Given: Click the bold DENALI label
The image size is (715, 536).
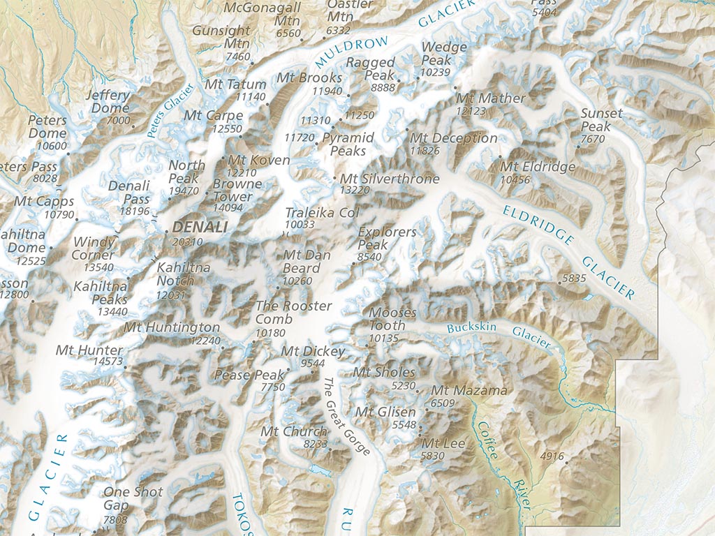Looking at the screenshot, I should pos(200,227).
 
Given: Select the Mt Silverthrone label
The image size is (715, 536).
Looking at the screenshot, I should pos(390,179).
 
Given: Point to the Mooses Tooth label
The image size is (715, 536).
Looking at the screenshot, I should pos(392,319).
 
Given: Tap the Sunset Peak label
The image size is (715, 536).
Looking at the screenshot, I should pos(601,120).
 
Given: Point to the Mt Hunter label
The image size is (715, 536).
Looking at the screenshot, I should pos(89,350).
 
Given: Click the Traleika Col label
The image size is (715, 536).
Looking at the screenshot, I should pos(321,212).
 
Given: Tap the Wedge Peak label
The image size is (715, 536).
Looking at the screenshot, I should pos(444,54).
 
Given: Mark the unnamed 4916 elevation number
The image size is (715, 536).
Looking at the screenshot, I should pos(552,456).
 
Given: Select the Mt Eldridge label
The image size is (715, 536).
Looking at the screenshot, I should pos(538,167).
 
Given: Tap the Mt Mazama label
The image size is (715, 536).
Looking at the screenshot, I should pos(469,390).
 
